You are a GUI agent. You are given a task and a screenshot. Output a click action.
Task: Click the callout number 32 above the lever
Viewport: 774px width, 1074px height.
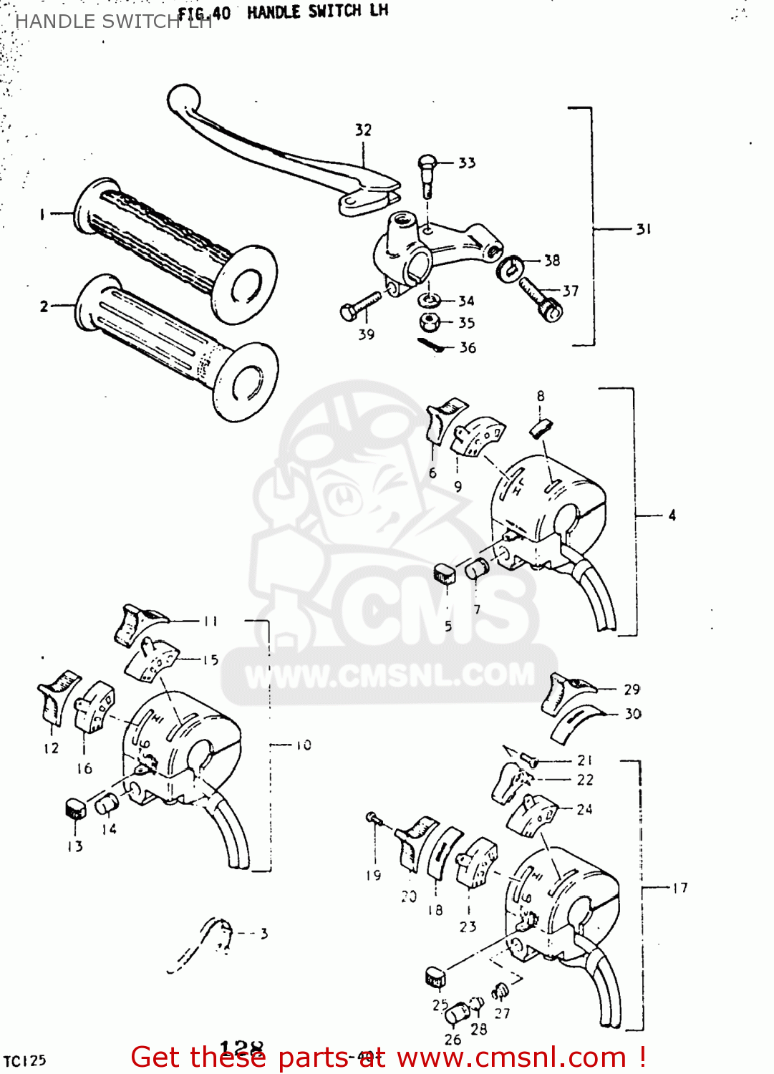tap(363, 130)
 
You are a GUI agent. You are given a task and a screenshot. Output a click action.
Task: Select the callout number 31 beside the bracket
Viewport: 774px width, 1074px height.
tap(644, 229)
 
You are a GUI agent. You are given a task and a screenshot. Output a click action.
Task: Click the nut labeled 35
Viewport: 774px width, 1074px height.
tap(430, 322)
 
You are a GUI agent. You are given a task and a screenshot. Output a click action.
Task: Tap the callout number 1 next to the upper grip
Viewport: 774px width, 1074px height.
tap(42, 213)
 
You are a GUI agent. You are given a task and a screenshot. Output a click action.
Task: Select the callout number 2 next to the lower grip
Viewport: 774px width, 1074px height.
tap(44, 306)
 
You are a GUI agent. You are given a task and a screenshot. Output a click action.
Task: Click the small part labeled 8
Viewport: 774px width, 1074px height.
tap(541, 427)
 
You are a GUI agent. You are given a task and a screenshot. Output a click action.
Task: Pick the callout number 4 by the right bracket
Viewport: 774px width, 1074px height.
tap(672, 515)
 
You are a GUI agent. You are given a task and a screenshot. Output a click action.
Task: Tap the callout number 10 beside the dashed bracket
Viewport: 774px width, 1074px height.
tap(304, 745)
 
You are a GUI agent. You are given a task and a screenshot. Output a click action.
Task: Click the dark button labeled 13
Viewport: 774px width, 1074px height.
tap(74, 808)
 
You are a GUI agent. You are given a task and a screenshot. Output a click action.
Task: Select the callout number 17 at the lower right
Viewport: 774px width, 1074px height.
tap(679, 888)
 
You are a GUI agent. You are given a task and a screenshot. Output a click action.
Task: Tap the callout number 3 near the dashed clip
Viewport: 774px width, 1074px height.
tap(264, 933)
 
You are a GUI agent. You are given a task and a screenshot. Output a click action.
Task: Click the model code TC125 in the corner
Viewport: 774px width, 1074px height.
tap(25, 1060)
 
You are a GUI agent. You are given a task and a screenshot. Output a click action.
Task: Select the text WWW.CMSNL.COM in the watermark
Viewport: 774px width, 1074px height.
tap(390, 675)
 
